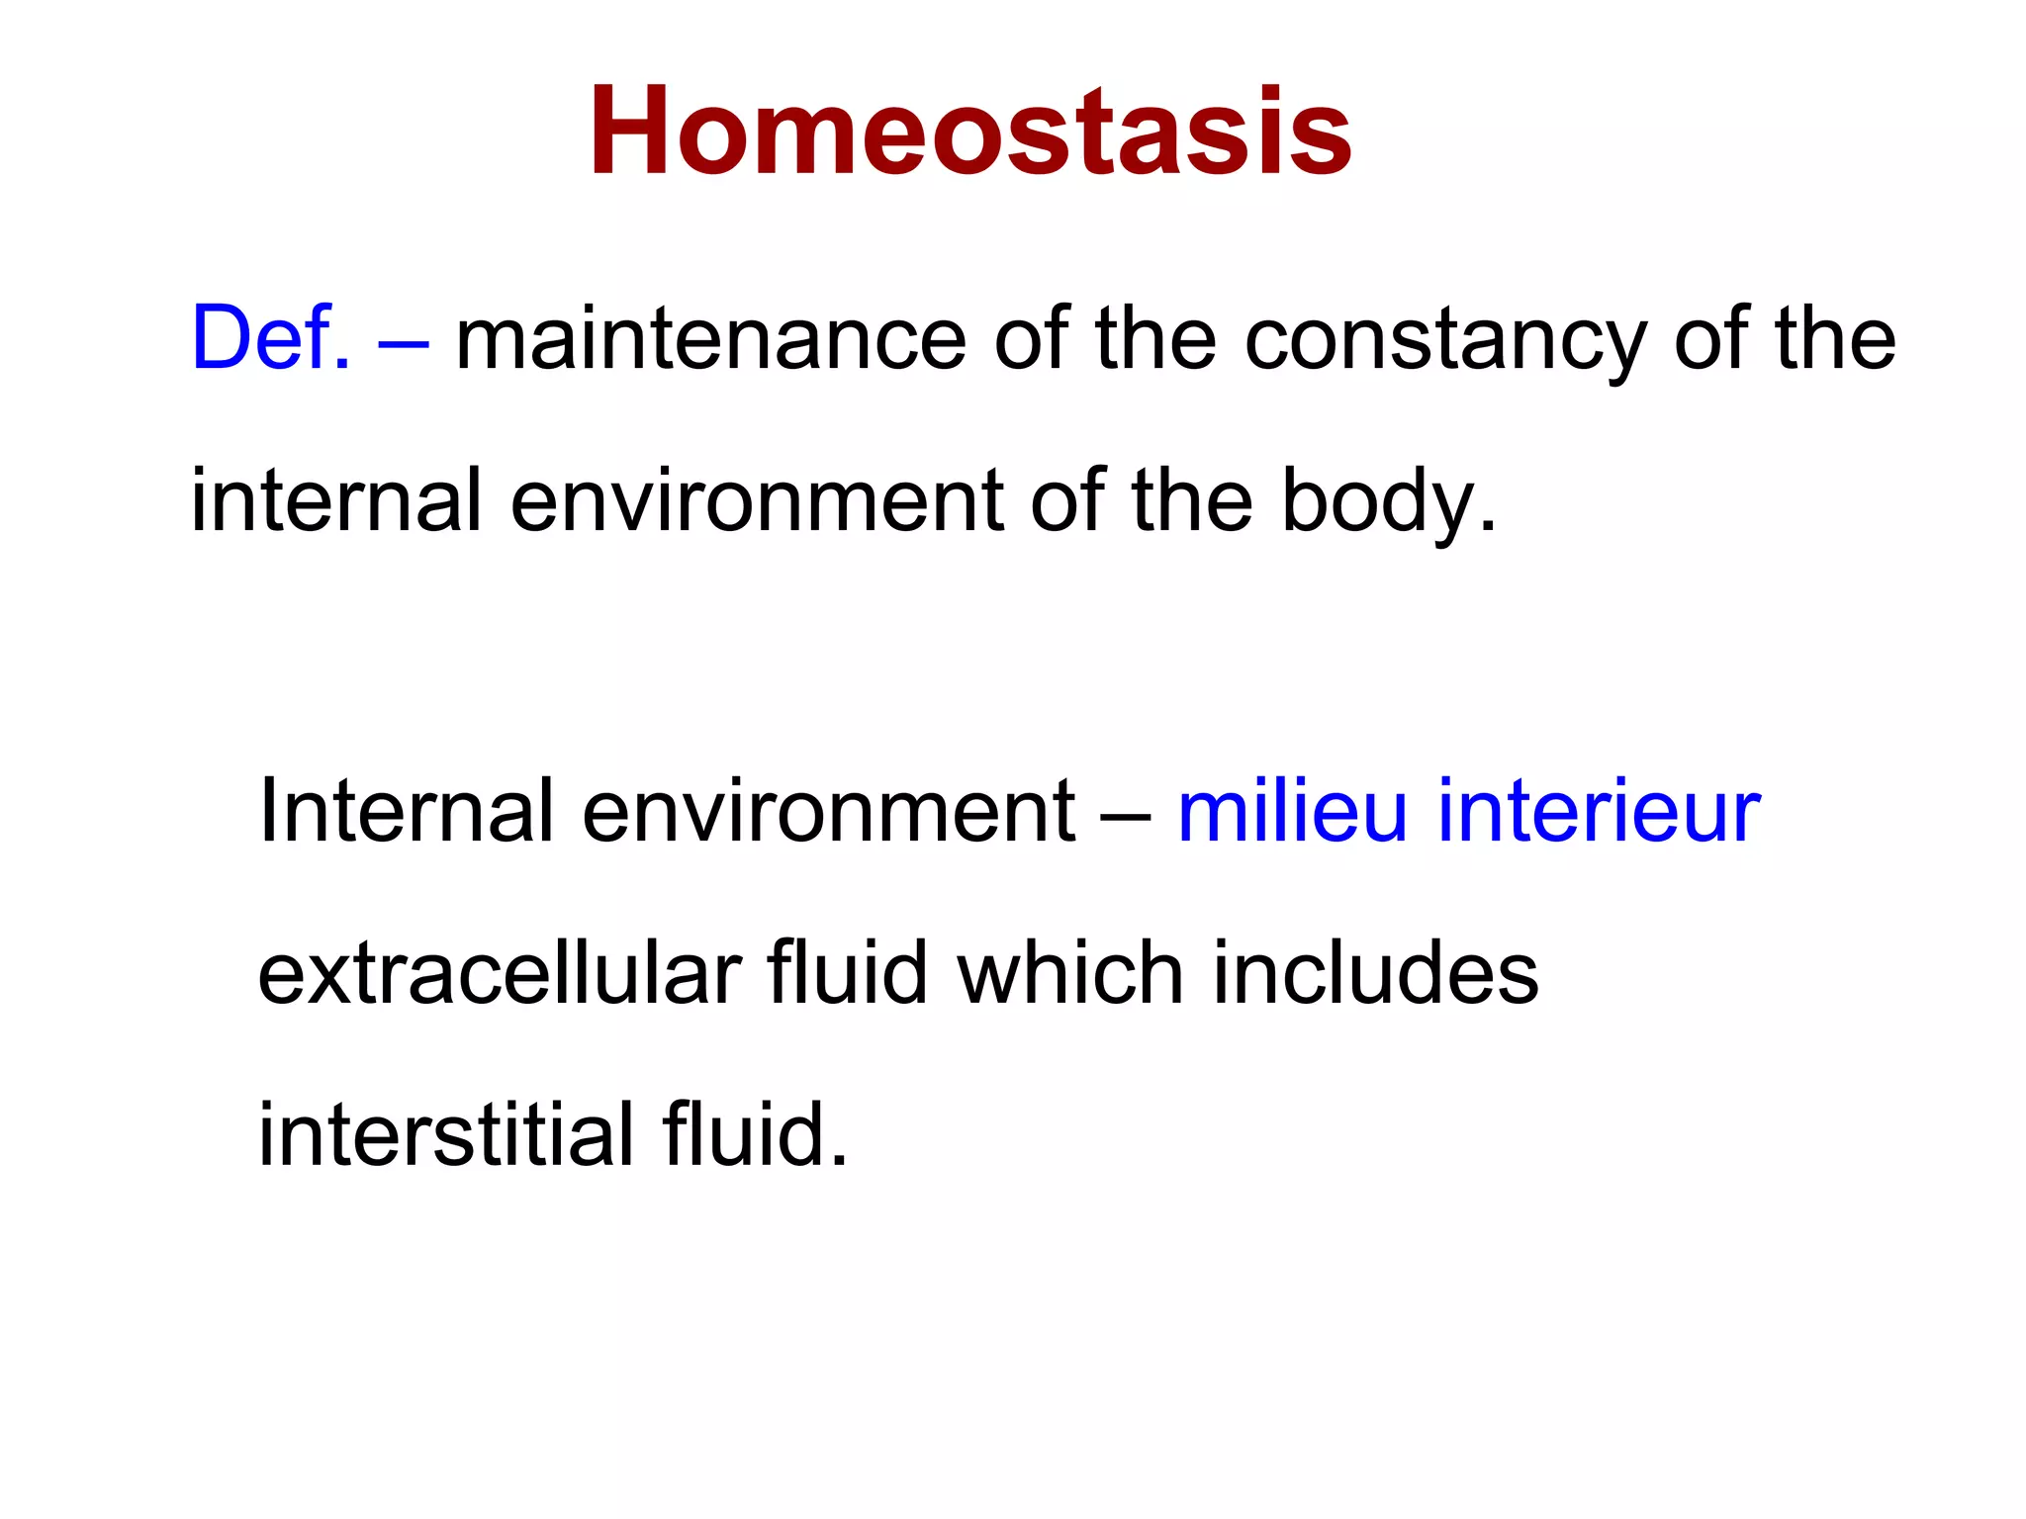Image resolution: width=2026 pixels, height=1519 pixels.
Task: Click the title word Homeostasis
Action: click(970, 134)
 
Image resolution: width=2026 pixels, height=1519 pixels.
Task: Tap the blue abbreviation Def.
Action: click(270, 339)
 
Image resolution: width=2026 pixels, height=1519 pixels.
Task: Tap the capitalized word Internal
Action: click(406, 811)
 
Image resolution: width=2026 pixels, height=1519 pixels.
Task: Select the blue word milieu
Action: click(1291, 811)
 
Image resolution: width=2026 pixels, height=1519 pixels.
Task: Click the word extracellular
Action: click(500, 974)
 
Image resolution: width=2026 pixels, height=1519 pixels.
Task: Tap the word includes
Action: click(1375, 974)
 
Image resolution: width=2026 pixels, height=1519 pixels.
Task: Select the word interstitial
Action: click(445, 1134)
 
